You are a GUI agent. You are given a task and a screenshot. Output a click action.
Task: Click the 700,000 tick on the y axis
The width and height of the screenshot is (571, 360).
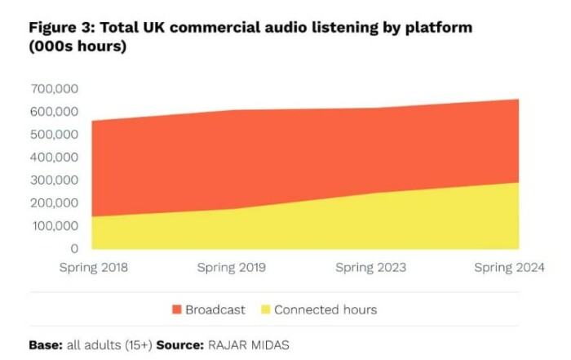pyautogui.click(x=55, y=88)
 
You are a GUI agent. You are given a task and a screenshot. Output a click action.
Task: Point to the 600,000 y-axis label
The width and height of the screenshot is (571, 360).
pyautogui.click(x=55, y=111)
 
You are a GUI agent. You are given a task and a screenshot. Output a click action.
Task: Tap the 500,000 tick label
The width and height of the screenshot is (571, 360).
pyautogui.click(x=55, y=134)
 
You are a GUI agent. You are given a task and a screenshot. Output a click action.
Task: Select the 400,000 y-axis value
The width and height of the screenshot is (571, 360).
pyautogui.click(x=55, y=157)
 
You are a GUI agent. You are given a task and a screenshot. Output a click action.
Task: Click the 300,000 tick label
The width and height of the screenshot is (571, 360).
pyautogui.click(x=55, y=180)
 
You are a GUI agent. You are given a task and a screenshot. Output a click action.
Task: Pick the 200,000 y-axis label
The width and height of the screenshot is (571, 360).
pyautogui.click(x=55, y=202)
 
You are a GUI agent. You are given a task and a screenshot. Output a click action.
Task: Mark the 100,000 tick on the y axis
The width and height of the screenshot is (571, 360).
pyautogui.click(x=55, y=225)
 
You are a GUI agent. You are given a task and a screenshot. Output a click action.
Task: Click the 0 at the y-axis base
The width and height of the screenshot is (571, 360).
pyautogui.click(x=74, y=248)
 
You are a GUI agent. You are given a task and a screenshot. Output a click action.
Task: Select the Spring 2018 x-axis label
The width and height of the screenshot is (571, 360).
pyautogui.click(x=94, y=268)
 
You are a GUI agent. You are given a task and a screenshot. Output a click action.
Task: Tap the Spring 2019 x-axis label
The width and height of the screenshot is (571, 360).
pyautogui.click(x=232, y=268)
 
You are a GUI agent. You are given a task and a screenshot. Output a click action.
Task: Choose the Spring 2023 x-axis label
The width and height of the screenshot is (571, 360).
pyautogui.click(x=371, y=268)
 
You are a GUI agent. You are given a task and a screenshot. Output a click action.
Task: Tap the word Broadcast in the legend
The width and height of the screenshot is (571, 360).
pyautogui.click(x=215, y=310)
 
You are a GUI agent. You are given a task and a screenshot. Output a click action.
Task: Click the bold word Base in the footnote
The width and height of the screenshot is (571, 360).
pyautogui.click(x=46, y=344)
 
